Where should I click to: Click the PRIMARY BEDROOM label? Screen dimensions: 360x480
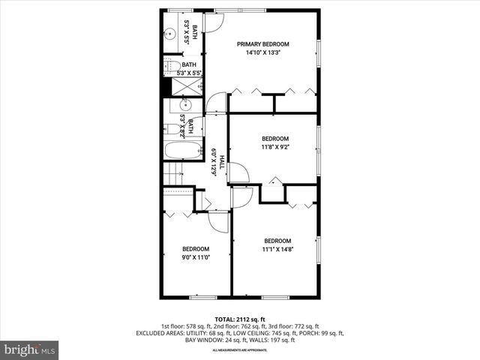pyautogui.click(x=262, y=44)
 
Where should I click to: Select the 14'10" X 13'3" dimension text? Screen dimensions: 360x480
pyautogui.click(x=262, y=53)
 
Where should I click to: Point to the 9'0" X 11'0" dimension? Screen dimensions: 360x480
pyautogui.click(x=196, y=257)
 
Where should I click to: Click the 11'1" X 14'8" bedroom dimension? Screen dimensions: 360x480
pyautogui.click(x=277, y=249)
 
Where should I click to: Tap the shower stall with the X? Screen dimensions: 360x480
pyautogui.click(x=182, y=87)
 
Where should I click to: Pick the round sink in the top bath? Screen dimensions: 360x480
pyautogui.click(x=169, y=32)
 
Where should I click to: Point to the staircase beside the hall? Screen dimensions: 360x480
pyautogui.click(x=174, y=175)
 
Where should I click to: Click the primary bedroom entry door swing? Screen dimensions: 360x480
pyautogui.click(x=217, y=102)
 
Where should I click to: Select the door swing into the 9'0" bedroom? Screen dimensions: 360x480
pyautogui.click(x=218, y=220)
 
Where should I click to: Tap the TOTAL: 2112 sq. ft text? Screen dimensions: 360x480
pyautogui.click(x=239, y=319)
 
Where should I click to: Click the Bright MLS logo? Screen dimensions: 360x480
pyautogui.click(x=30, y=349)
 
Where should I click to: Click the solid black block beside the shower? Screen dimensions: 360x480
pyautogui.click(x=166, y=87)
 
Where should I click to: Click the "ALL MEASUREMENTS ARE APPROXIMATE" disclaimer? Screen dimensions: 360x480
pyautogui.click(x=239, y=350)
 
